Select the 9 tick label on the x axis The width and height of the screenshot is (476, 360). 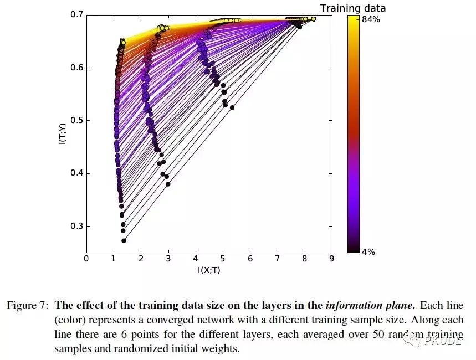click(x=331, y=258)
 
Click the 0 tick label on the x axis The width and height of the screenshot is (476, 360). click(x=86, y=258)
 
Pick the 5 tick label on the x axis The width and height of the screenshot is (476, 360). click(x=223, y=258)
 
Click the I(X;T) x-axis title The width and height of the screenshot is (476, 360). click(x=209, y=270)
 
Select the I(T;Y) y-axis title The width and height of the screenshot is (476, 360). click(x=62, y=133)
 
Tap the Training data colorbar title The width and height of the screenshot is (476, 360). click(x=353, y=8)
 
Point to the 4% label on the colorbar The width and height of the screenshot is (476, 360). click(x=368, y=252)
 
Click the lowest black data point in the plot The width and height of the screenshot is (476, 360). click(x=124, y=240)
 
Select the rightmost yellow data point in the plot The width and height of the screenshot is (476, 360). click(x=313, y=19)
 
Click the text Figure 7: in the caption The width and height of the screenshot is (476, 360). click(x=27, y=305)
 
